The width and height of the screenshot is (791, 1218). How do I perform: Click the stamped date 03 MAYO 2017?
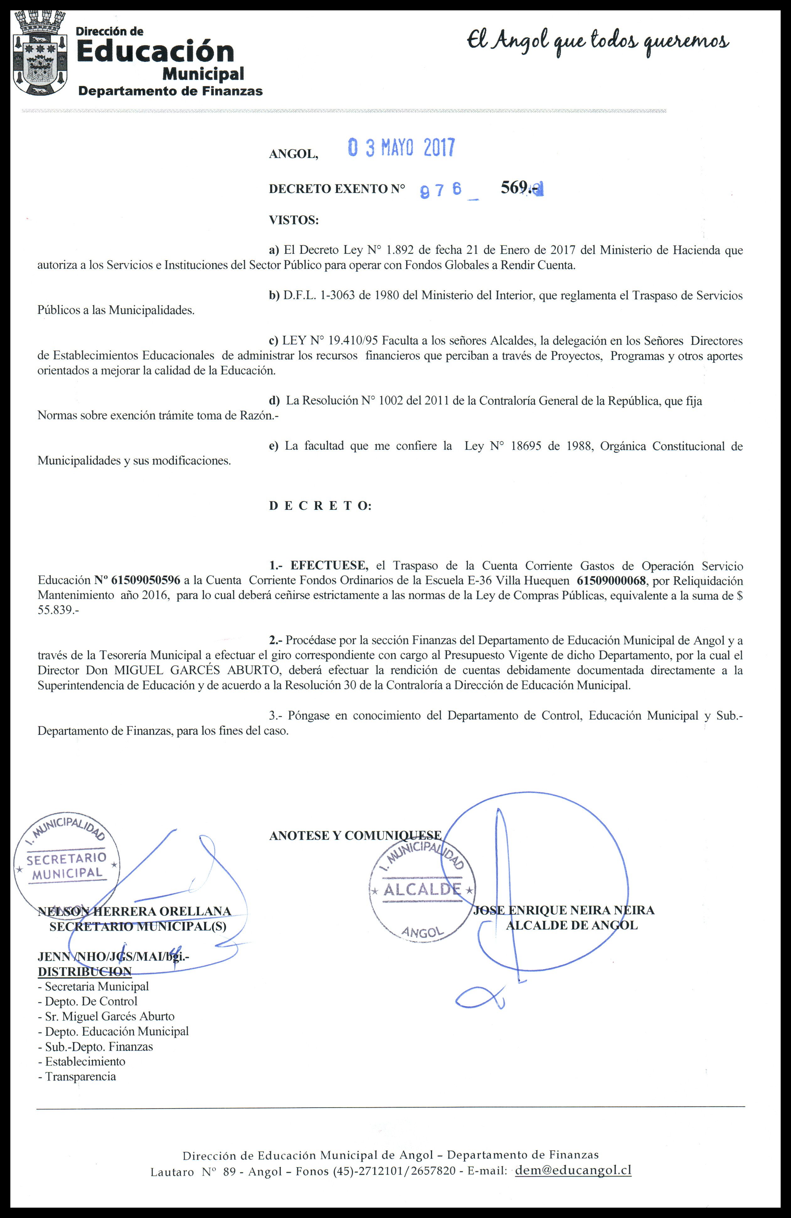(x=401, y=148)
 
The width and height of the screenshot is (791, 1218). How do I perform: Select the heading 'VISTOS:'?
(x=294, y=221)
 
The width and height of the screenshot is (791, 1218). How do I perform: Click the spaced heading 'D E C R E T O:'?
(x=320, y=506)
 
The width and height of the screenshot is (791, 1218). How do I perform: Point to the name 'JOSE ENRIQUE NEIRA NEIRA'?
(x=563, y=910)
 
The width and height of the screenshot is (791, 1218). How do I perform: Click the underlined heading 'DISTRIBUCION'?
(x=84, y=971)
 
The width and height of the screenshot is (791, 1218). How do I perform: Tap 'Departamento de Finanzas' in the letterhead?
(x=170, y=91)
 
